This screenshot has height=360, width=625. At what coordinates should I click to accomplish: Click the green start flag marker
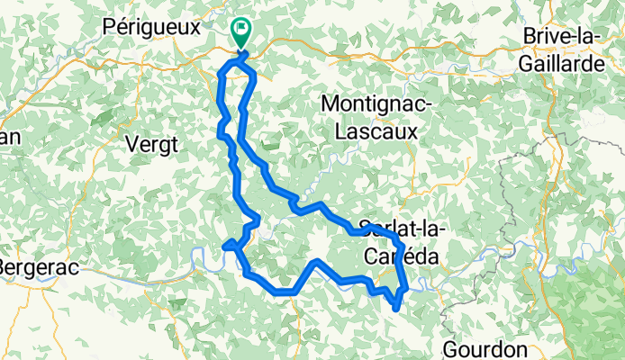(x=241, y=31)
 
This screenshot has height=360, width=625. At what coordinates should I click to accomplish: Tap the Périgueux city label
(x=151, y=27)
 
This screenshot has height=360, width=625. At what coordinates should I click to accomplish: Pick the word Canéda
(x=401, y=256)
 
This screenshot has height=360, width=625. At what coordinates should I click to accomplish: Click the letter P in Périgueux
(x=110, y=27)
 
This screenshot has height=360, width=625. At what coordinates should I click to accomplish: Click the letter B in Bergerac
(x=5, y=268)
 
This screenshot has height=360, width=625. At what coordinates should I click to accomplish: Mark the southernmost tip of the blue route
(x=396, y=310)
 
